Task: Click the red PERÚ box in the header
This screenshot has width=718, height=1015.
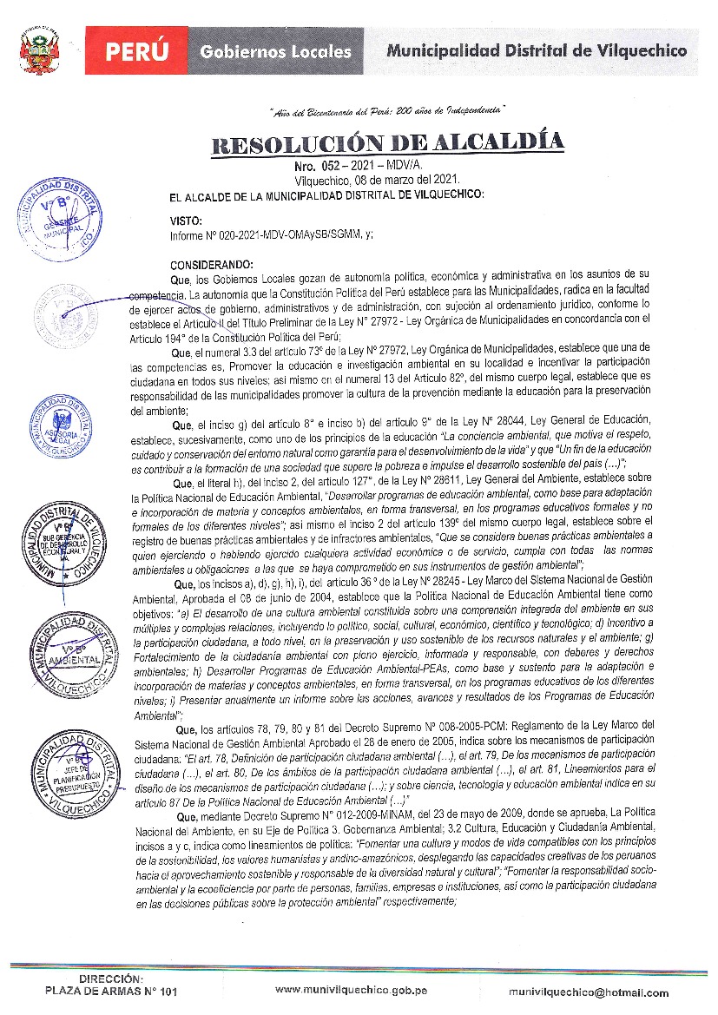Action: pos(137,50)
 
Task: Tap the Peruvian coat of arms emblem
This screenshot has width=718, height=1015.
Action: pos(38,53)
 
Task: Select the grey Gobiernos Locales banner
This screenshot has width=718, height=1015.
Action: pos(275,51)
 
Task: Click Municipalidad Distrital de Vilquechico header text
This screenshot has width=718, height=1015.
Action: pos(536,50)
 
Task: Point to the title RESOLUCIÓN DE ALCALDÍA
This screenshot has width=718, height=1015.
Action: pos(388,142)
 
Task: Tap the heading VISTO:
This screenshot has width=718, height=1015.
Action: pos(186,221)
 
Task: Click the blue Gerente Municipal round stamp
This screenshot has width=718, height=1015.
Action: pos(57,220)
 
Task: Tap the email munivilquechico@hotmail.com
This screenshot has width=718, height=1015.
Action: pos(589,992)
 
